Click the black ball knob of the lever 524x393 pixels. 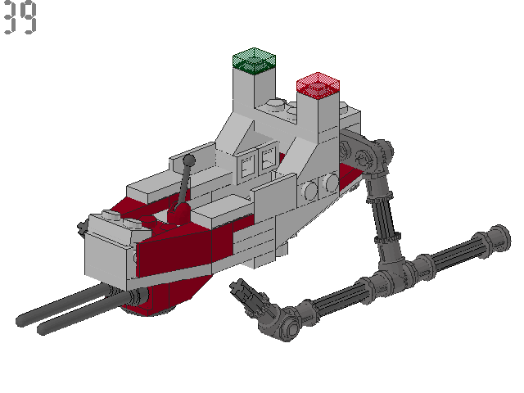189,160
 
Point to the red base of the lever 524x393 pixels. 179,215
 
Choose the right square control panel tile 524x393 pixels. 267,161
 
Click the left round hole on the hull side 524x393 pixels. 311,191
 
